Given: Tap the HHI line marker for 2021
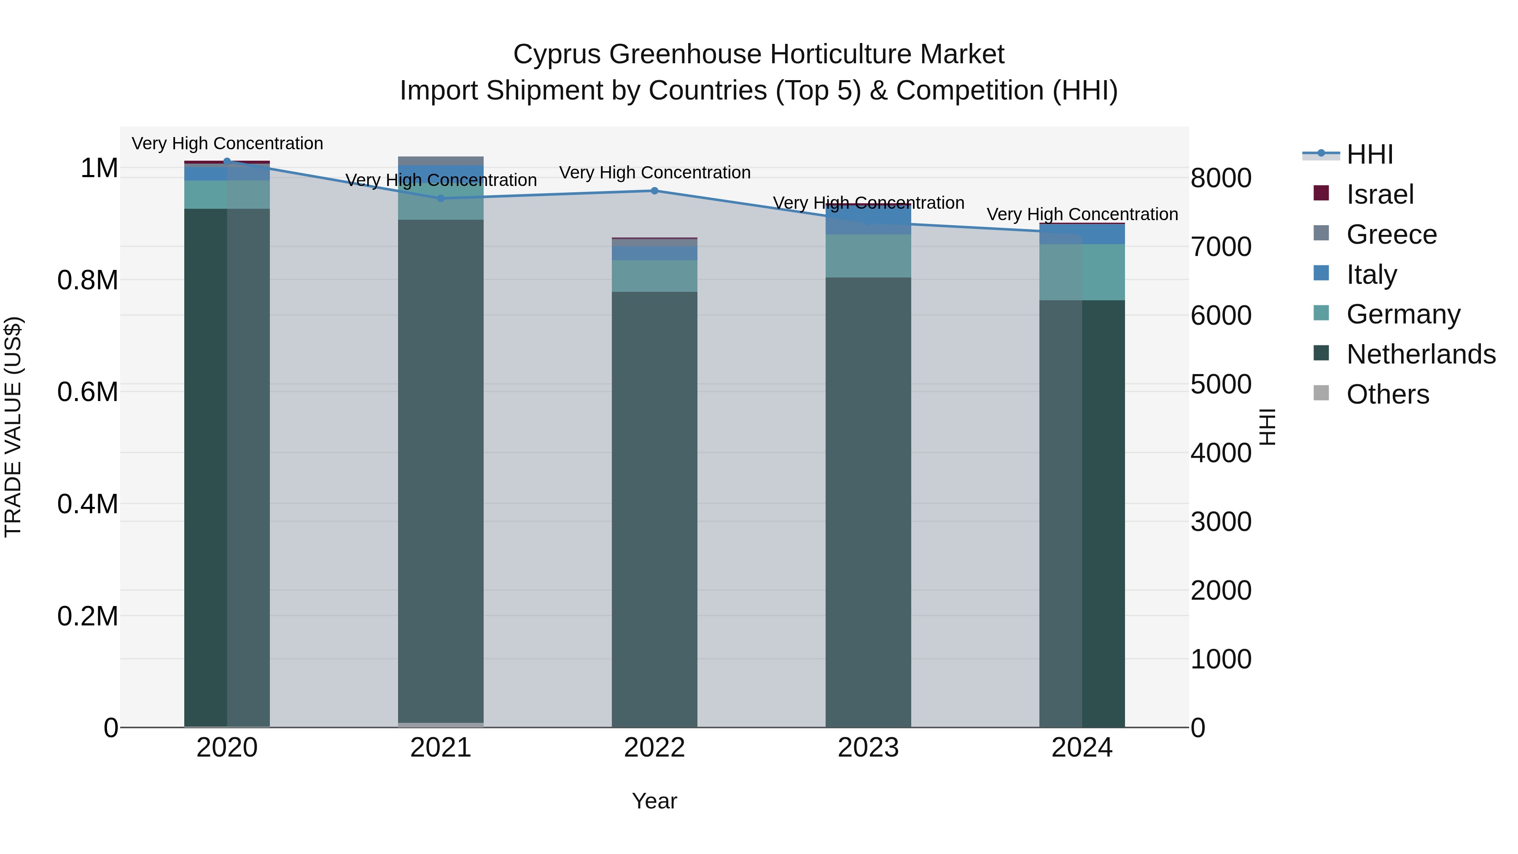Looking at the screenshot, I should pyautogui.click(x=441, y=198).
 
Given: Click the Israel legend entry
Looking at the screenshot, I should pyautogui.click(x=1380, y=194).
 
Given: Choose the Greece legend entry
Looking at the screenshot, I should pyautogui.click(x=1391, y=234).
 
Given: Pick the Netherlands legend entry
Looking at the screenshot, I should pyautogui.click(x=1420, y=354).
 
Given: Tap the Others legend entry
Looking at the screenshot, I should pyautogui.click(x=1387, y=394).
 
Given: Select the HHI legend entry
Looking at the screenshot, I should pyautogui.click(x=1370, y=154).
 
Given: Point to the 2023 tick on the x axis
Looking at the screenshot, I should pyautogui.click(x=868, y=748).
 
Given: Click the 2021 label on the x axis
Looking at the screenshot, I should pyautogui.click(x=441, y=748).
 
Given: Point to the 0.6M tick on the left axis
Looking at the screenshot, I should pyautogui.click(x=88, y=392).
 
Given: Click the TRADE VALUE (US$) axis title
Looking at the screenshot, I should pyautogui.click(x=13, y=427).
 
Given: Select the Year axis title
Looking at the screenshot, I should pyautogui.click(x=654, y=801).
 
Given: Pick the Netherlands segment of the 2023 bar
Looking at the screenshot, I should pyautogui.click(x=868, y=501).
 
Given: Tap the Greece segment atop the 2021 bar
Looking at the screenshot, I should pyautogui.click(x=441, y=161).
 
